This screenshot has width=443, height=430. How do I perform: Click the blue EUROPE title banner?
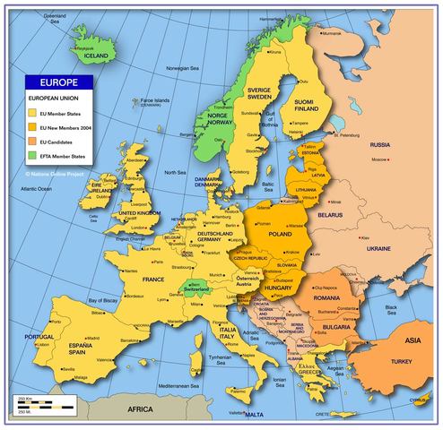pyautogui.click(x=59, y=81)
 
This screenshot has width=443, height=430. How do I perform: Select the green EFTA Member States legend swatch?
pyautogui.click(x=32, y=155)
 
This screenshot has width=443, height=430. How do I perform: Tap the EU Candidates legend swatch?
pyautogui.click(x=32, y=141)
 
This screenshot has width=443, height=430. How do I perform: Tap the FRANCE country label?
pyautogui.click(x=153, y=280)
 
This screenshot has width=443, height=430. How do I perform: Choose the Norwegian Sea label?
pyautogui.click(x=183, y=68)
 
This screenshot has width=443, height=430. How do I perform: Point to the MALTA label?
pyautogui.click(x=255, y=416)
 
